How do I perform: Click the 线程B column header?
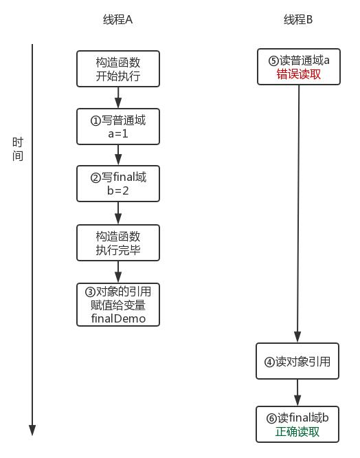[x=298, y=20]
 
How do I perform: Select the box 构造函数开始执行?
[x=118, y=69]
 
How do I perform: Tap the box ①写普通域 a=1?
[x=118, y=127]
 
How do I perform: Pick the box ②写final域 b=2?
[x=118, y=184]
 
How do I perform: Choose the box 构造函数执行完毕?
[x=118, y=243]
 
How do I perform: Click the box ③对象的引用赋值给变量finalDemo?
[x=118, y=305]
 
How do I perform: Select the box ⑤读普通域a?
[x=298, y=67]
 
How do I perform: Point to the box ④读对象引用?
[x=298, y=361]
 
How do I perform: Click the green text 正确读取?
[x=298, y=433]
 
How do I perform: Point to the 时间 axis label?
[x=18, y=149]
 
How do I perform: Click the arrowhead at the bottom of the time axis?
[x=32, y=430]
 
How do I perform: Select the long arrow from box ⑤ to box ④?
[x=298, y=213]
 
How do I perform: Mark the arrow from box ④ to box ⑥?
[x=298, y=392]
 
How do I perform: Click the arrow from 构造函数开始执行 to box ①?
[x=118, y=97]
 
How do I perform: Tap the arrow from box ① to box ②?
[x=118, y=155]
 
